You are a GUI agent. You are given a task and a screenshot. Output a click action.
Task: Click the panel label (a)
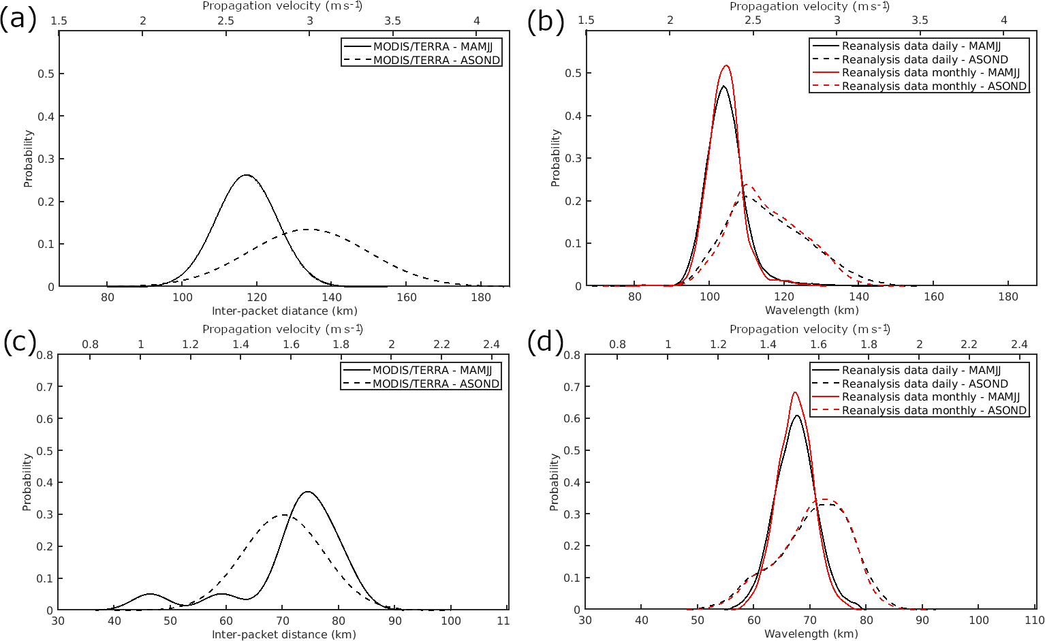pyautogui.click(x=18, y=20)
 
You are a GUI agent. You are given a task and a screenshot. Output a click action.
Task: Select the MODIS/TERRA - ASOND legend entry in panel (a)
pyautogui.click(x=436, y=60)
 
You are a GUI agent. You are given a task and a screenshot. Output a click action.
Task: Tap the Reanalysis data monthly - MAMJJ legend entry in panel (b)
pyautogui.click(x=931, y=73)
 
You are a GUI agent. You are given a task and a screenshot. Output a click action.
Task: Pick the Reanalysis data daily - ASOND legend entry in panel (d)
pyautogui.click(x=924, y=384)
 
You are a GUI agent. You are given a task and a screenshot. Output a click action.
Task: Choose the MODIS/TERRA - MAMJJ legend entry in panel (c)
pyautogui.click(x=432, y=371)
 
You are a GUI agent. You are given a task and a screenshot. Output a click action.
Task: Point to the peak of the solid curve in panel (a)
pyautogui.click(x=246, y=175)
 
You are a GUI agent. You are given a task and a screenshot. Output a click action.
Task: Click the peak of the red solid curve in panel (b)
pyautogui.click(x=726, y=65)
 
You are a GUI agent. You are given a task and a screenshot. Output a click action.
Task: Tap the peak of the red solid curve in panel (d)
pyautogui.click(x=794, y=392)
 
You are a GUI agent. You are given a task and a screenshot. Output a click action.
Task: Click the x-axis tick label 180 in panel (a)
pyautogui.click(x=481, y=297)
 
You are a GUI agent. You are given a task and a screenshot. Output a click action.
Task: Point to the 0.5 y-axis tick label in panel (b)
pyautogui.click(x=573, y=74)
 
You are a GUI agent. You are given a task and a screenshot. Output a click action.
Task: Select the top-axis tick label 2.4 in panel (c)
pyautogui.click(x=491, y=345)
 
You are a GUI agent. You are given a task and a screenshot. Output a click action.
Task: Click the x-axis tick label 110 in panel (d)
pyautogui.click(x=1034, y=621)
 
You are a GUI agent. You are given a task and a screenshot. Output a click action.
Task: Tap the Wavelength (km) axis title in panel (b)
pyautogui.click(x=811, y=311)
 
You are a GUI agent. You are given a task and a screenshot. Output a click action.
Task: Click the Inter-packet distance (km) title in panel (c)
pyautogui.click(x=284, y=634)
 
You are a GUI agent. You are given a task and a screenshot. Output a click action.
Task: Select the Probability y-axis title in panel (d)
pyautogui.click(x=555, y=482)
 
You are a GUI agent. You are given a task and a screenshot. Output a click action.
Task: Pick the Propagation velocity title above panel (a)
pyautogui.click(x=283, y=6)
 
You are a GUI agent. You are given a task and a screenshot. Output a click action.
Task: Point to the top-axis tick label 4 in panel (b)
pyautogui.click(x=1004, y=20)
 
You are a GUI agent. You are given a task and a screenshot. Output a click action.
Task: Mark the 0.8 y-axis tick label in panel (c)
pyautogui.click(x=46, y=355)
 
